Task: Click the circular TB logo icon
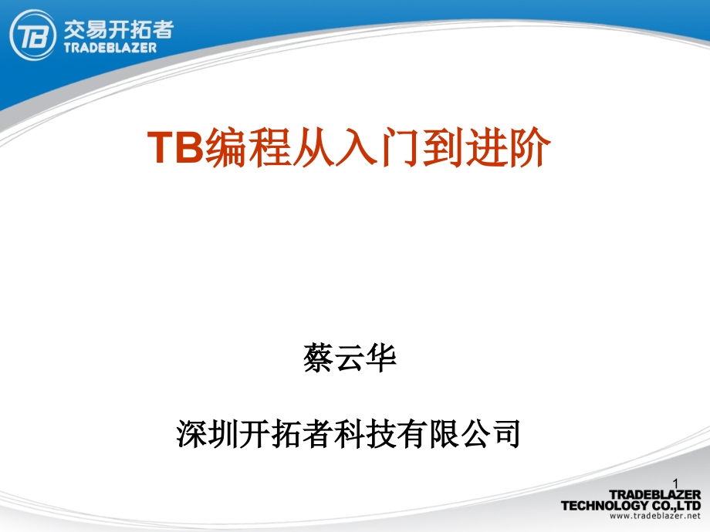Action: (32, 35)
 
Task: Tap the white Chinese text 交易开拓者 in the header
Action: (119, 30)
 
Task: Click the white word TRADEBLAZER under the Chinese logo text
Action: (110, 48)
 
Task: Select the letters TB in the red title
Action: (176, 147)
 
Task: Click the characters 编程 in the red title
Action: (248, 147)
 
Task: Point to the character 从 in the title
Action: (313, 147)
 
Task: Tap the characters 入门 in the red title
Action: (378, 147)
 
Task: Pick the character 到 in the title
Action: (443, 147)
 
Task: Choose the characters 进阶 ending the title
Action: (508, 147)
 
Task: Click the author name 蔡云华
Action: (350, 359)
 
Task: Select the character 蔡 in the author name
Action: (319, 359)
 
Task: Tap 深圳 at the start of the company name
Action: (208, 434)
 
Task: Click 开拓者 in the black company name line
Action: (286, 434)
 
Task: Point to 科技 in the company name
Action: (365, 434)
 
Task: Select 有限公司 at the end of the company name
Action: (458, 434)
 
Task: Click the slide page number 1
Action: (675, 483)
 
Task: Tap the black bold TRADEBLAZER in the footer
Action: (654, 495)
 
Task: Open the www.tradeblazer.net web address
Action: (654, 516)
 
